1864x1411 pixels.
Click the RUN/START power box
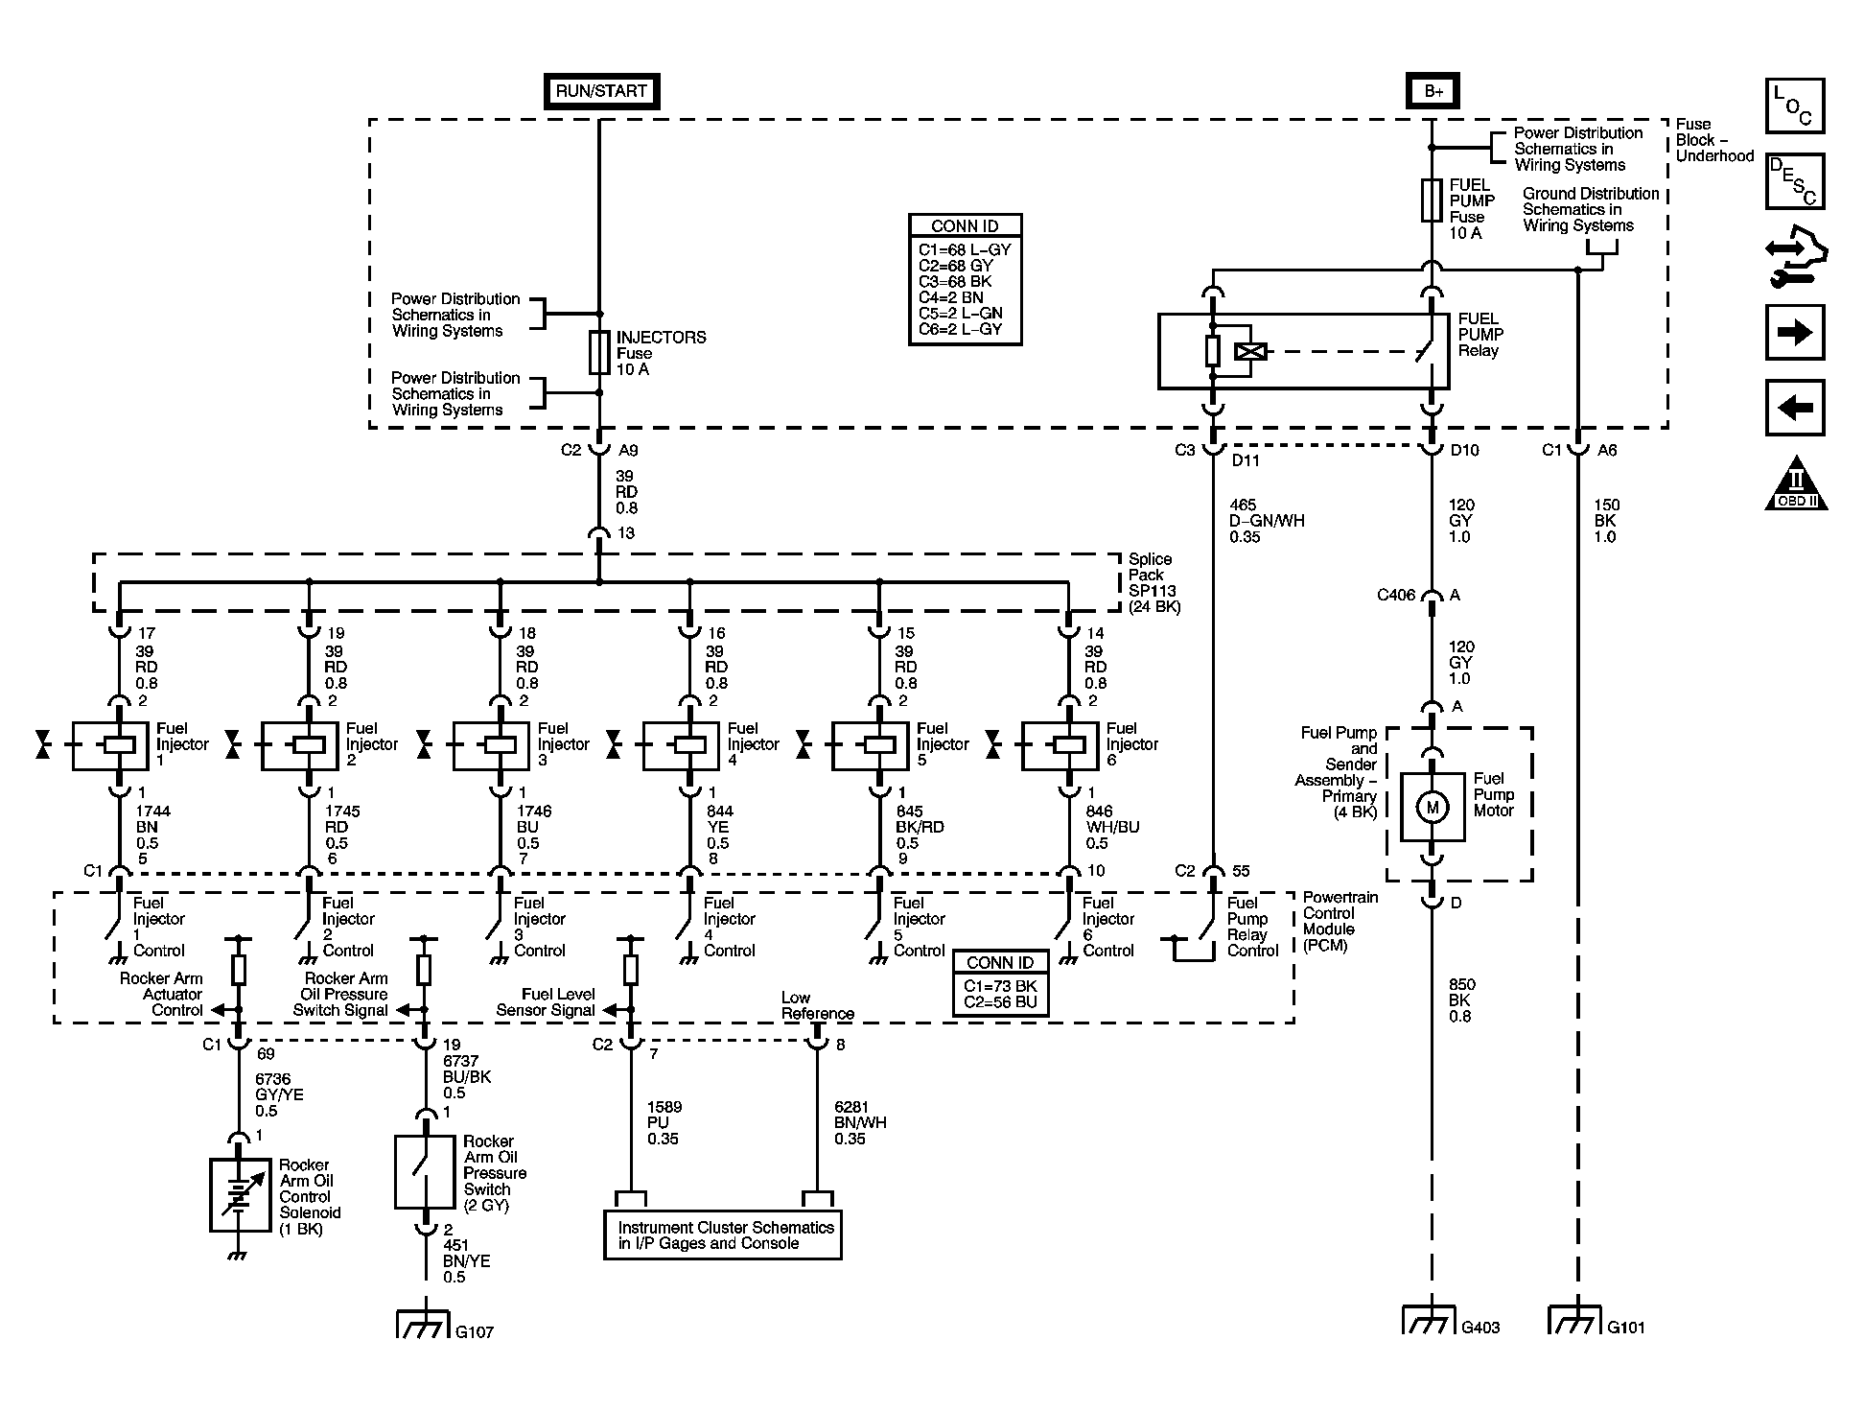click(601, 91)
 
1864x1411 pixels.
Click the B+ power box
click(1433, 91)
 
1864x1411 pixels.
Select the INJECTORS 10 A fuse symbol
click(599, 352)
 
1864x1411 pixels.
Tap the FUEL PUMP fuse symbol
click(1433, 200)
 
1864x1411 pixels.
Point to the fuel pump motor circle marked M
click(1433, 808)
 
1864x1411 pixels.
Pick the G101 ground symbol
click(1575, 1320)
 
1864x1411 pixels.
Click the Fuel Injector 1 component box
click(111, 745)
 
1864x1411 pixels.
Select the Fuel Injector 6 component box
click(1060, 745)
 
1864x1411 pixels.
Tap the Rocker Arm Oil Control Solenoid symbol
click(240, 1194)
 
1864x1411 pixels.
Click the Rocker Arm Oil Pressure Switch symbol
click(424, 1172)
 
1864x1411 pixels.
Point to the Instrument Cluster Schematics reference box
click(723, 1235)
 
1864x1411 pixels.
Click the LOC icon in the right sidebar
click(1795, 106)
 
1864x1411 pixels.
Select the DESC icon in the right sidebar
click(1795, 181)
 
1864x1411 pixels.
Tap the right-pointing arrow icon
click(1795, 333)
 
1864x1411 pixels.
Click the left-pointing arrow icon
click(1795, 408)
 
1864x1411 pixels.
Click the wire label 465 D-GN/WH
click(1266, 521)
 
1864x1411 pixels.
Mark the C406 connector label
click(1396, 595)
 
